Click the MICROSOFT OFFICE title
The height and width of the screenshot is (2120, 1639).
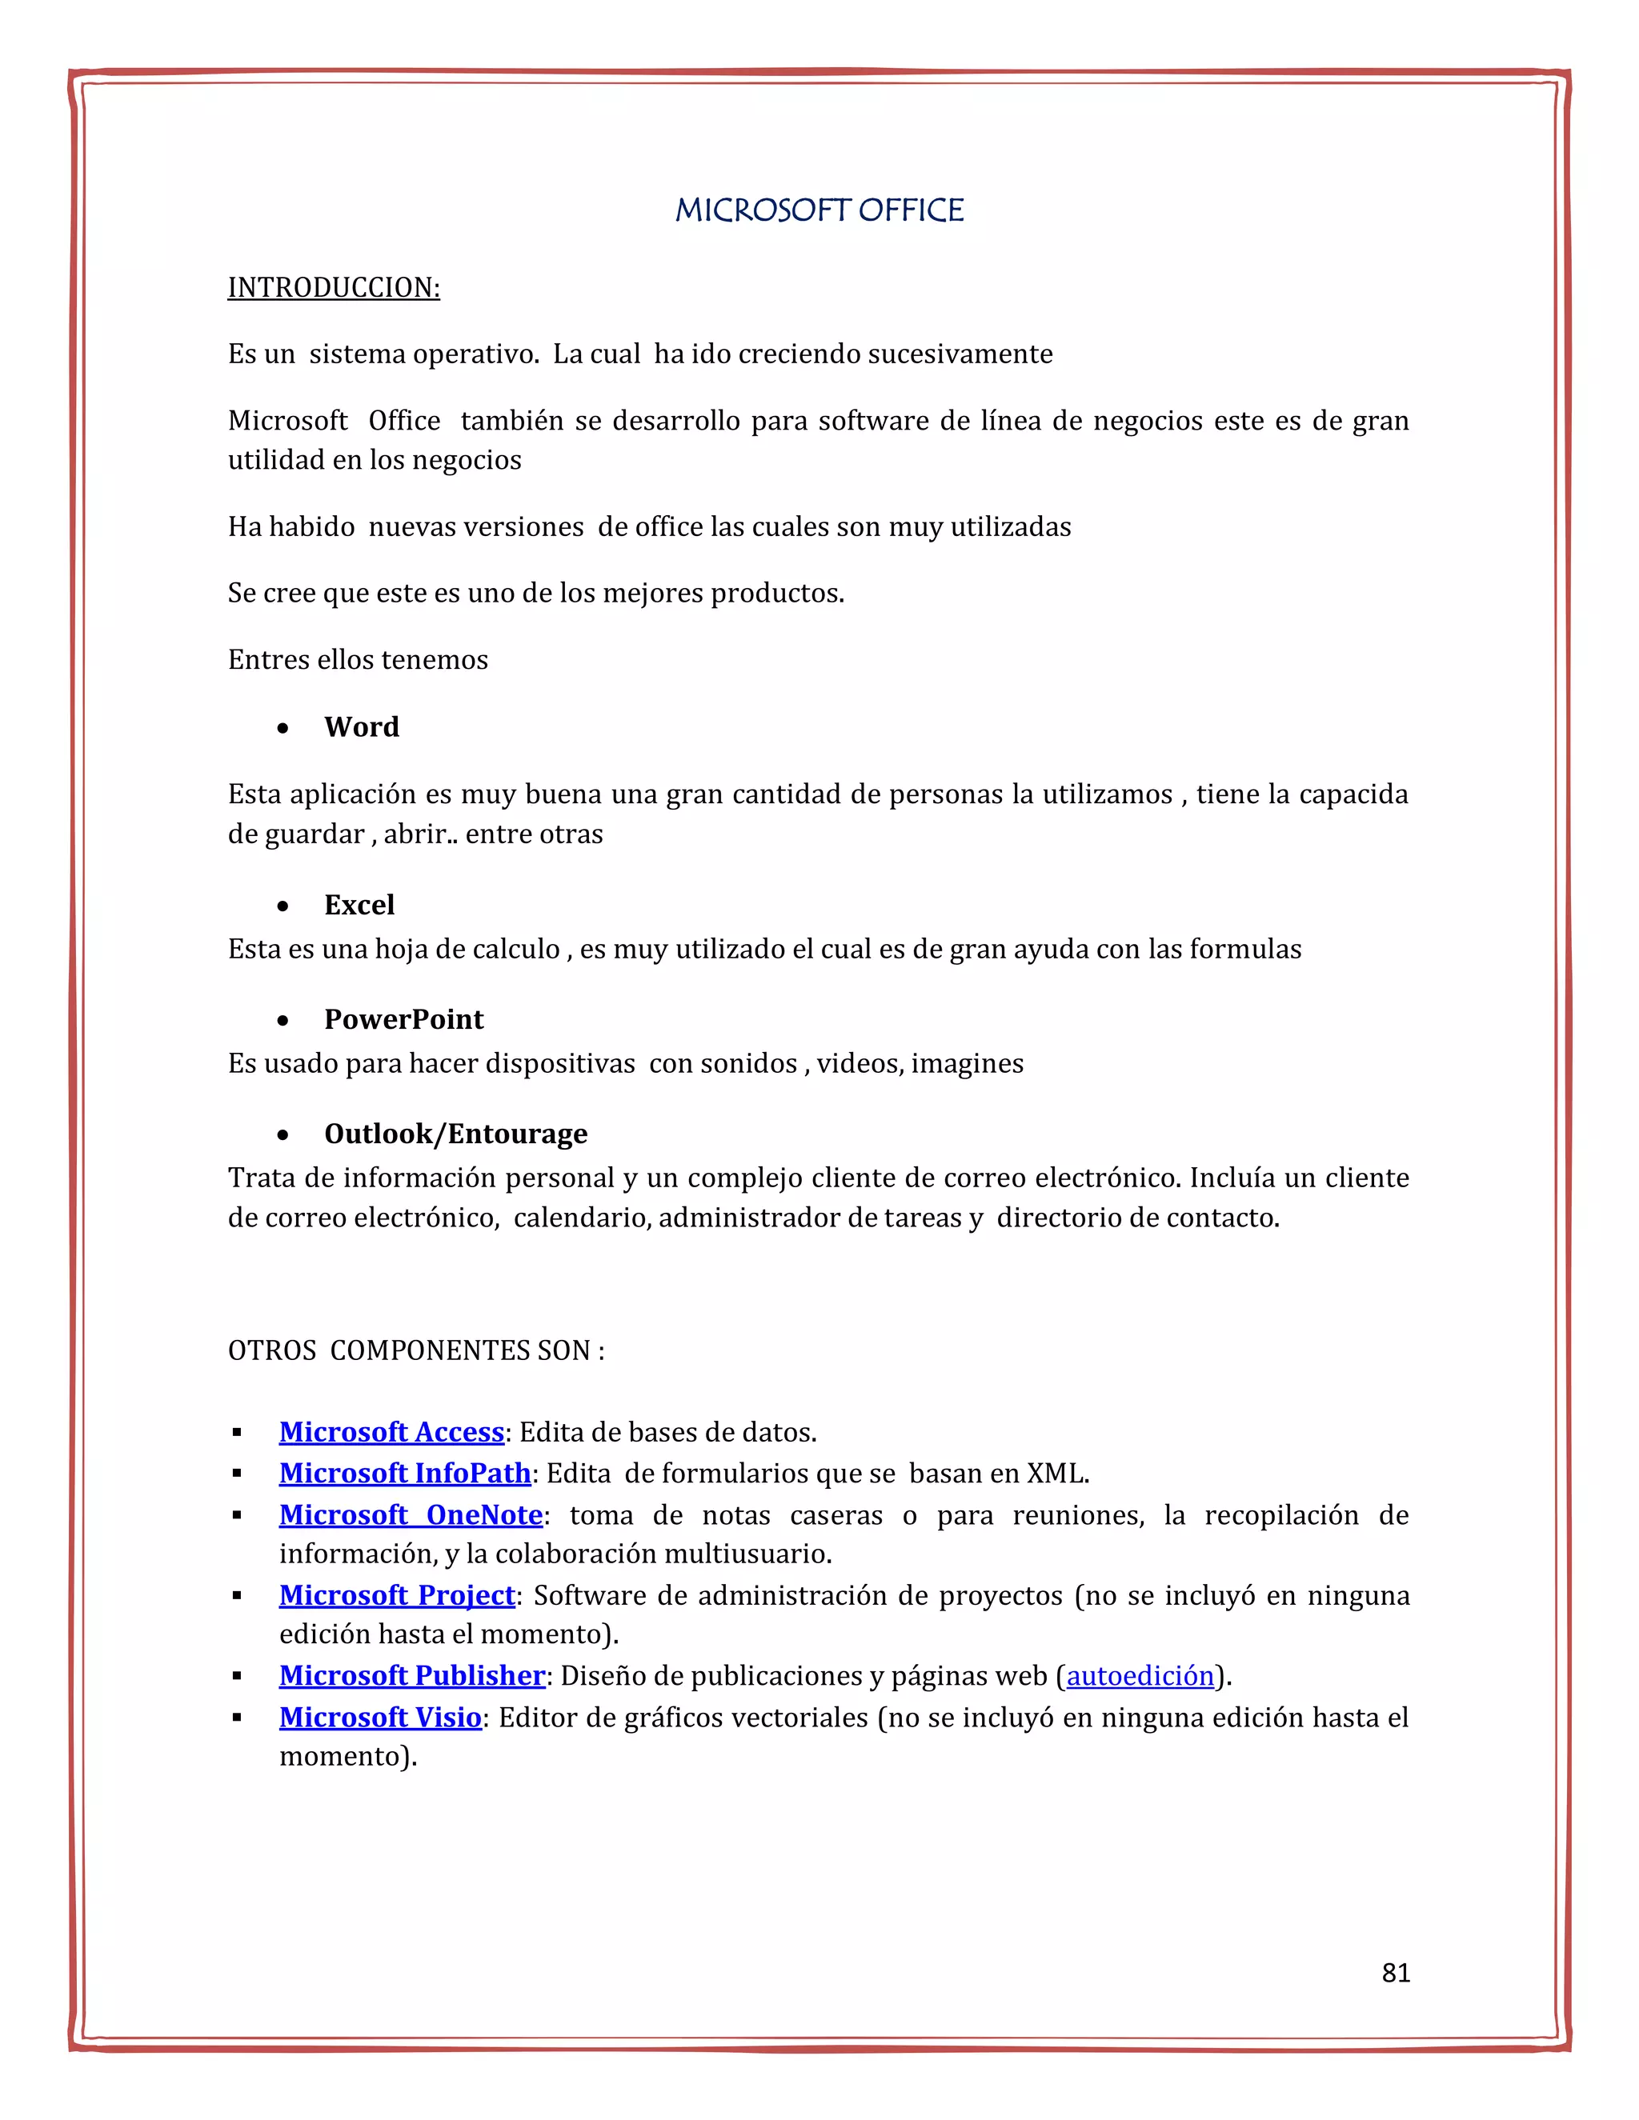[819, 210]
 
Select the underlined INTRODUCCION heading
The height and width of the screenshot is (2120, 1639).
[333, 287]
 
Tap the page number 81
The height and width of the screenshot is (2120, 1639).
[1395, 1973]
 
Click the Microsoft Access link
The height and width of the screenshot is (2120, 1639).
[391, 1432]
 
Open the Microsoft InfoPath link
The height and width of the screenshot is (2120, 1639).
[405, 1473]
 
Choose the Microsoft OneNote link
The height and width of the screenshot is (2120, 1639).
[411, 1514]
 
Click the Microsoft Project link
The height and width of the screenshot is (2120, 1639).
[396, 1595]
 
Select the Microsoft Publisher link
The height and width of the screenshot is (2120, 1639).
[411, 1675]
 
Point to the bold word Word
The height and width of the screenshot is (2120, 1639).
[361, 727]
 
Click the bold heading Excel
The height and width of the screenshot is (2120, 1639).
[359, 905]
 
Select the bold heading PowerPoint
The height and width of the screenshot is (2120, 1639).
[403, 1019]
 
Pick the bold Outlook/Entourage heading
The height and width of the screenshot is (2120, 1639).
[455, 1134]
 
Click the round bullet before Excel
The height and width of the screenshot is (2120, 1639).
[283, 906]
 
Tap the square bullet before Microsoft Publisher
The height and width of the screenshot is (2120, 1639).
[237, 1676]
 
